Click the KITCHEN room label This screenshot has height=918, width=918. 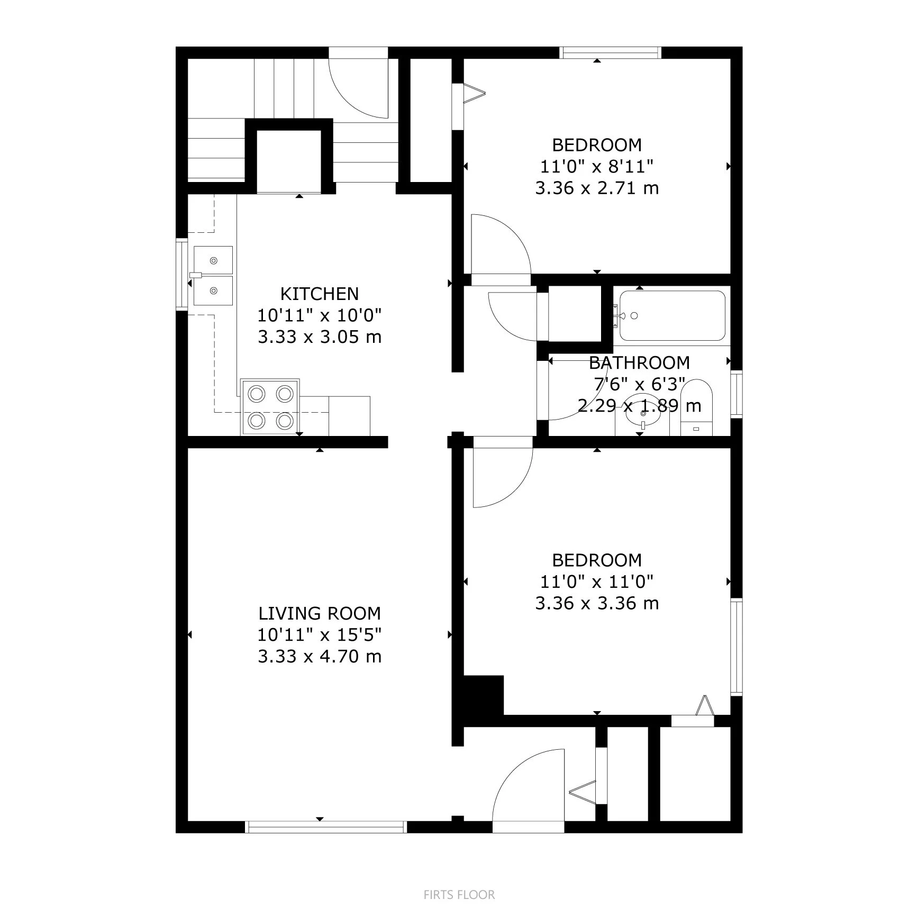coord(319,294)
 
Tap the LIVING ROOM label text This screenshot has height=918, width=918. coord(319,613)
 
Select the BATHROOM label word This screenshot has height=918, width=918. coord(639,362)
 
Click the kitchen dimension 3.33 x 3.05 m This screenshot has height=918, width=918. coord(319,337)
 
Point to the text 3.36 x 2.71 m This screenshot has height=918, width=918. coord(597,188)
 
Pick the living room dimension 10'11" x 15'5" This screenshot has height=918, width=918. coord(319,634)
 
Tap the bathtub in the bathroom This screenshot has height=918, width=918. coord(672,316)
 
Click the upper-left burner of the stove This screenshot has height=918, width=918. coord(257,394)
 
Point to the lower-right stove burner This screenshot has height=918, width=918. coord(285,421)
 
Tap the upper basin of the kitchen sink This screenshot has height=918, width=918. coord(213,260)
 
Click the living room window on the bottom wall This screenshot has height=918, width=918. coord(326,827)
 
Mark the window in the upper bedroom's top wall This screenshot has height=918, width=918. coord(611,52)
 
